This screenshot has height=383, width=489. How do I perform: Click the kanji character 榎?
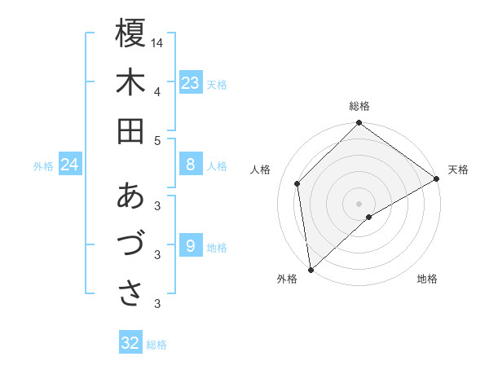pos(130,34)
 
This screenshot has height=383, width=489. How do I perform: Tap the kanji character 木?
pos(130,83)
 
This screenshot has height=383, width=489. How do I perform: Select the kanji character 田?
pos(130,130)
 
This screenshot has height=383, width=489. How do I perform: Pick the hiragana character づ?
pos(130,244)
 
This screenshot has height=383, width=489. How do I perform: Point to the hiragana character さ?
pos(130,293)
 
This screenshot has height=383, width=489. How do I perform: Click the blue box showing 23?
pos(191,83)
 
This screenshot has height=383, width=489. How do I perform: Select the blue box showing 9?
pos(191,246)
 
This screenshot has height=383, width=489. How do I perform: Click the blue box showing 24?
pos(70,165)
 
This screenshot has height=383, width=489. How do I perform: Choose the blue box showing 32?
pos(130,343)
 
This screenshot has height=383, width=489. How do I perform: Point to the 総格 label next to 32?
pos(156,345)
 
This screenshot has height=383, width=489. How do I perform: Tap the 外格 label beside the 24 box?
pos(43,166)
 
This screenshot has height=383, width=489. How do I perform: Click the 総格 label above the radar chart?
pos(359,106)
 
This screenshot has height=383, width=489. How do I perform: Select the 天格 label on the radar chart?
pos(458,169)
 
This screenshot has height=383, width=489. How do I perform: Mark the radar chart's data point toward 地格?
pos(369,217)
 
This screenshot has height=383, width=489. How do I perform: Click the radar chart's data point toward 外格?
pos(311,269)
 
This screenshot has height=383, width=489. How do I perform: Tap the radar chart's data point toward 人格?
pos(297,183)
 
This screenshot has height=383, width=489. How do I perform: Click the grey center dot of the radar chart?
pos(359,202)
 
